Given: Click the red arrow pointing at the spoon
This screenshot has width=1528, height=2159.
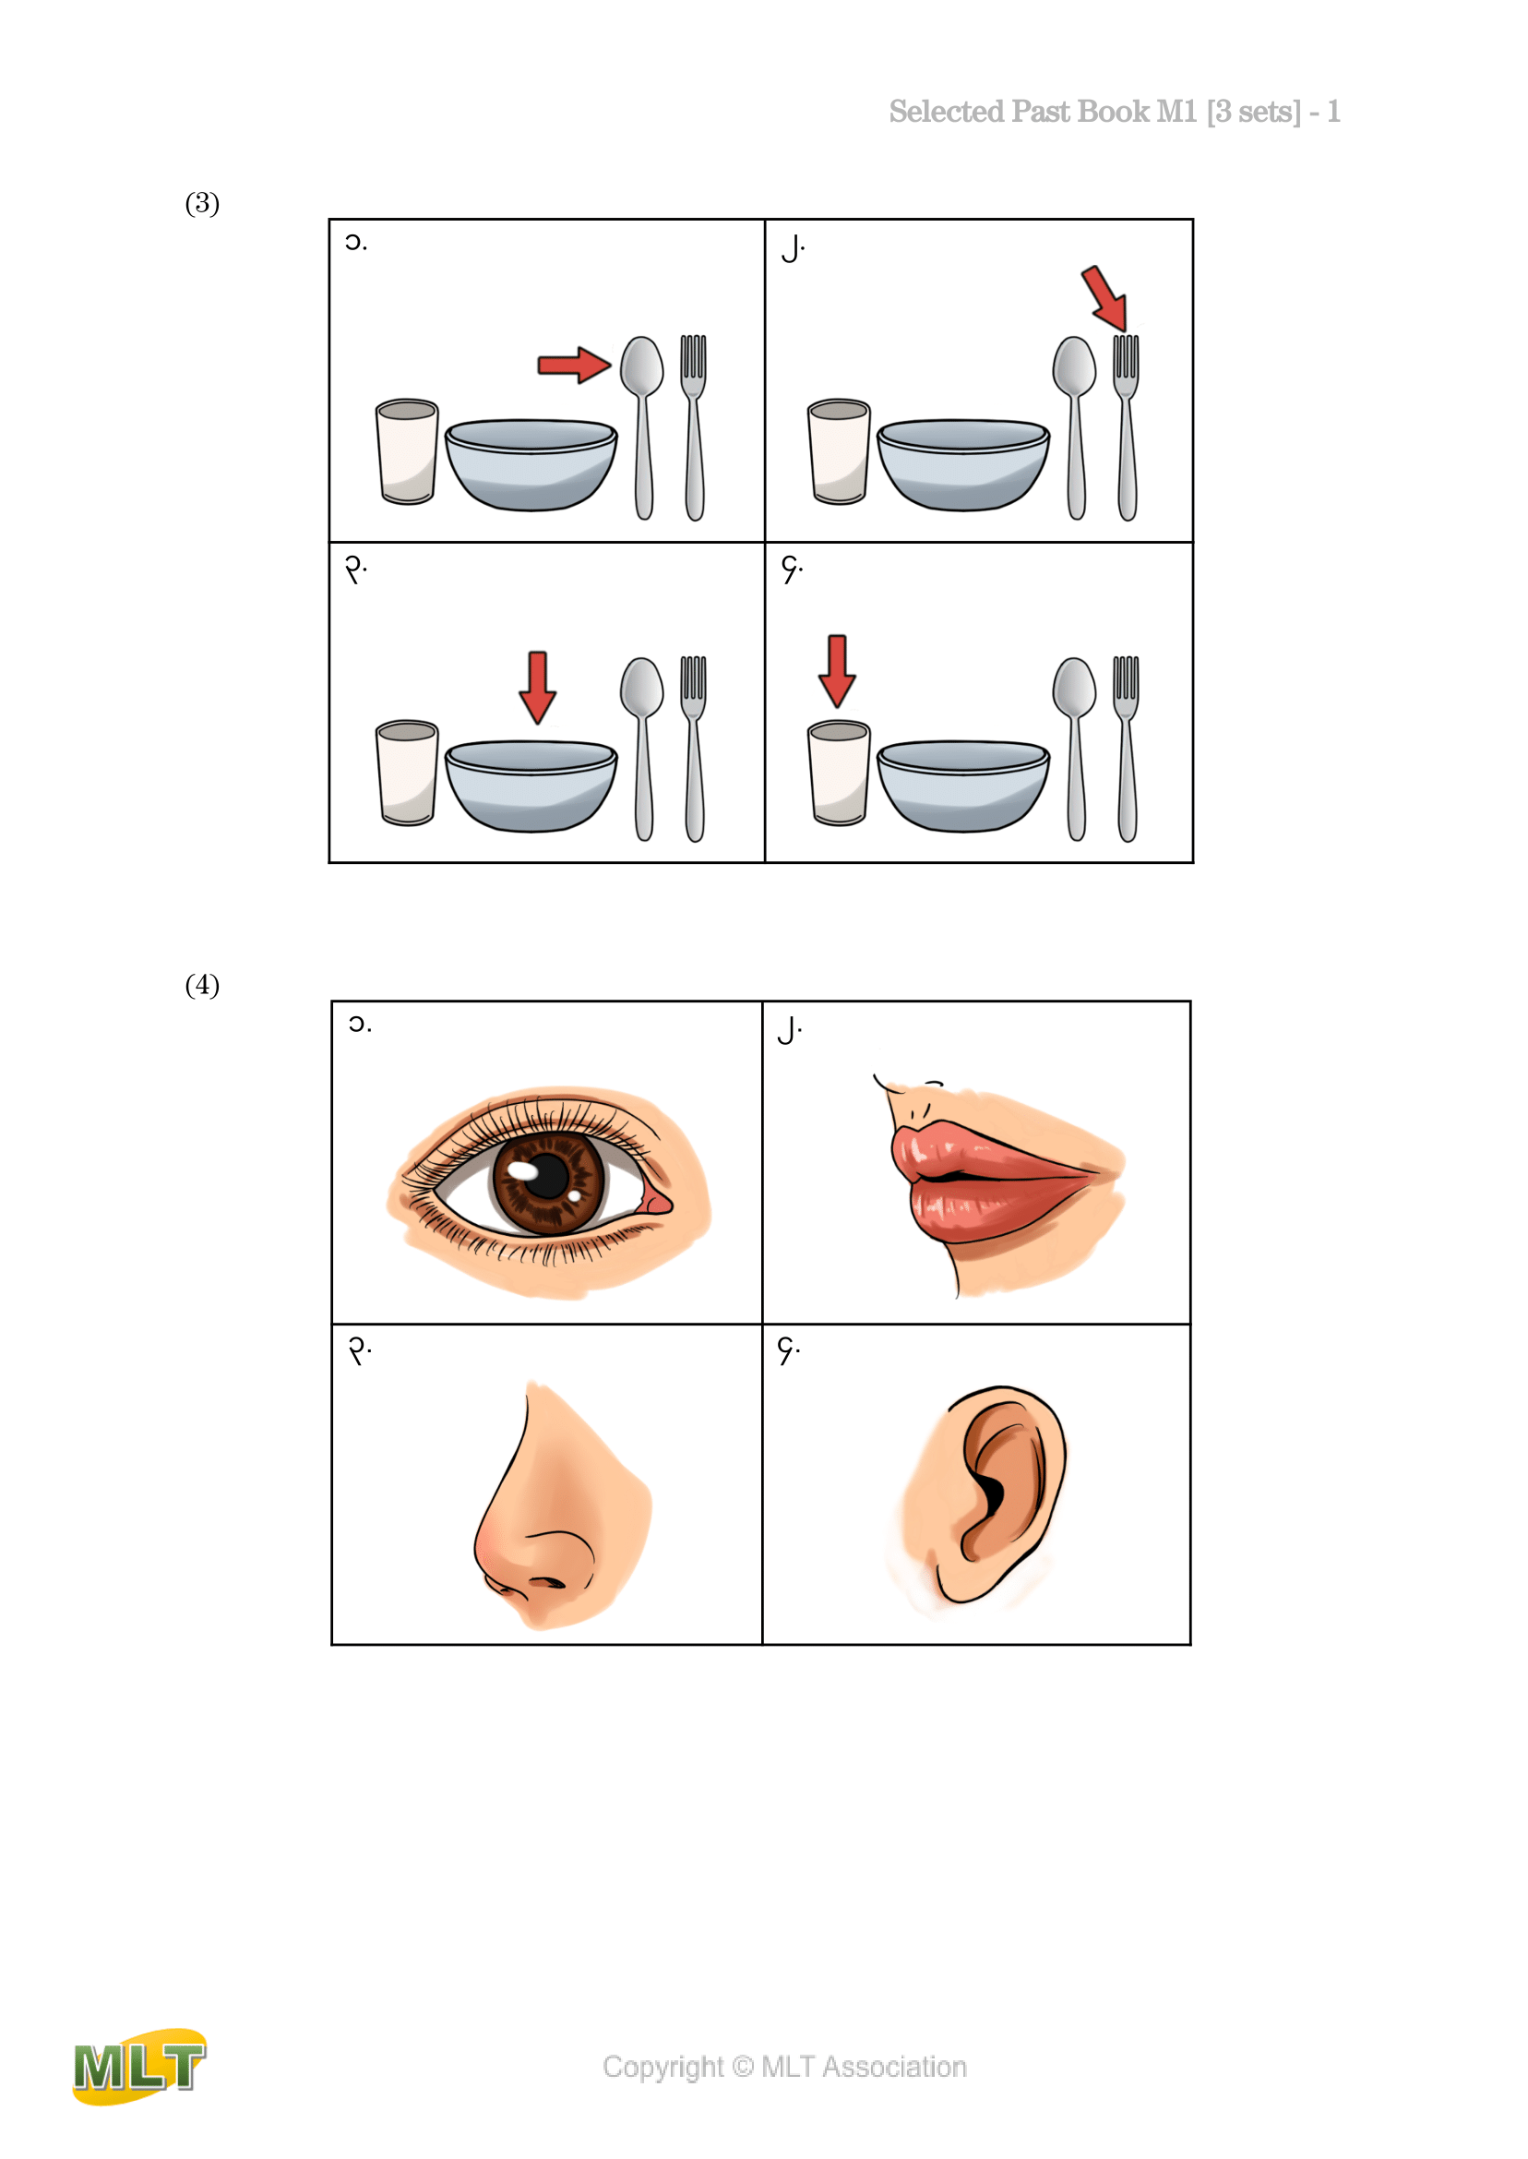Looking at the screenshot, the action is click(x=574, y=365).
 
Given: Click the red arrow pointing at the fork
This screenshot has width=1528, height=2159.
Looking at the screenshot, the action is click(x=1104, y=297).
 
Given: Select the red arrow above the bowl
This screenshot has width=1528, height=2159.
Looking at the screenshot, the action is click(x=537, y=687).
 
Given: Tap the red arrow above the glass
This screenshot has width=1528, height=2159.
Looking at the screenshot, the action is click(x=837, y=671).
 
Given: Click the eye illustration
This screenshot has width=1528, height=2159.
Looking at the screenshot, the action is click(x=548, y=1192).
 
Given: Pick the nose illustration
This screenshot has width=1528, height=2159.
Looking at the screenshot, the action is click(x=562, y=1505).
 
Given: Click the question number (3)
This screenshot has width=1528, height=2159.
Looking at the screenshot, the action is click(x=202, y=203).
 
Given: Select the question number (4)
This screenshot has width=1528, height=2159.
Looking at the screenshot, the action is click(x=202, y=986).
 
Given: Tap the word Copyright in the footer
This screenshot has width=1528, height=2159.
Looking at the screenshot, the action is click(x=663, y=2068).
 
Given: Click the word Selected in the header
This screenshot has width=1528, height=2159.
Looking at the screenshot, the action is click(x=947, y=112).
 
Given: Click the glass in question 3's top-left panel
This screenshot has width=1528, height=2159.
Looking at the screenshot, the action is click(x=407, y=451).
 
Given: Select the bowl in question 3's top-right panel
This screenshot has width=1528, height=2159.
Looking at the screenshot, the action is click(x=963, y=465).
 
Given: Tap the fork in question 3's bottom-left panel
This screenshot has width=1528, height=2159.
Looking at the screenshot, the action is click(x=694, y=749).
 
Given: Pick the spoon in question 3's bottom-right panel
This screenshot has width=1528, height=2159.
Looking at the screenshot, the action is click(x=1075, y=749).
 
